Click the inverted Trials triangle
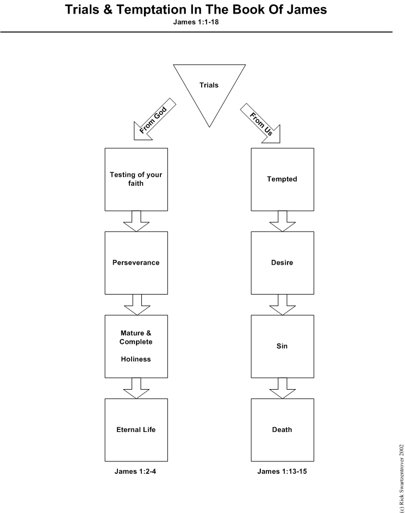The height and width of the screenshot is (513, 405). pos(209,87)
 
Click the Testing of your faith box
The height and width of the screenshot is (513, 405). pos(136,179)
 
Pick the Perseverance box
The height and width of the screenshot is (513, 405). pos(136,263)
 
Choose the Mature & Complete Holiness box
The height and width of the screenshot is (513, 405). pos(136,346)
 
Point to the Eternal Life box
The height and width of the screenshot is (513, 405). pos(136,430)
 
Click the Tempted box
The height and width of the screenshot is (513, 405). pos(282,179)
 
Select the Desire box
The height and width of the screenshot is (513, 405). pos(282,263)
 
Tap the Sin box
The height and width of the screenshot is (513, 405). pos(282,346)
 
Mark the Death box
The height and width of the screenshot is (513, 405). pos(282,430)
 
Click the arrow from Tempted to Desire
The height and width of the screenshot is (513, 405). pos(283,221)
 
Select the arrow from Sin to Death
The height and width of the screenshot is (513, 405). pos(283,388)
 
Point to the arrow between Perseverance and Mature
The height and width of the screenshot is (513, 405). pos(136,304)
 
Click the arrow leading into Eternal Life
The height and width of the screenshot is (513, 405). pos(136,388)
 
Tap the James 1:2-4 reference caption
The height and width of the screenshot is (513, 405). pos(136,472)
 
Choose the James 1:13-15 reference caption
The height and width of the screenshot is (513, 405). pos(282,472)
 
